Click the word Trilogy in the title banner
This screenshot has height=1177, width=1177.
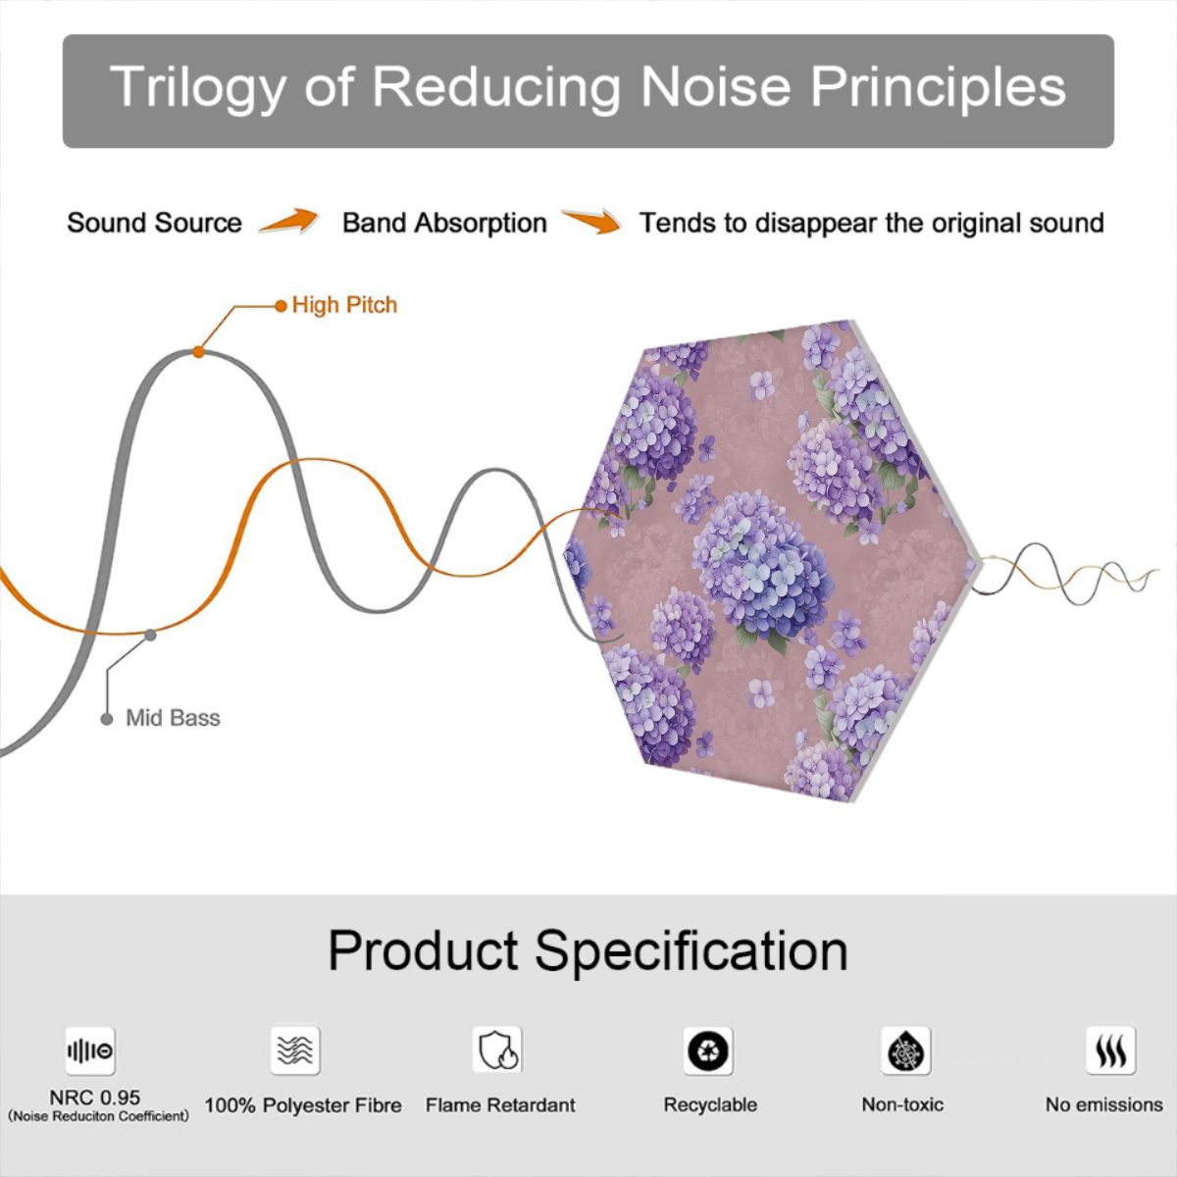coord(198,87)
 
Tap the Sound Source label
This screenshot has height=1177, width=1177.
coord(155,223)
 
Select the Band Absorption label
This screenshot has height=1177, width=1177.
coord(444,223)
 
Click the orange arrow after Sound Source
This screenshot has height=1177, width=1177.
coord(289,221)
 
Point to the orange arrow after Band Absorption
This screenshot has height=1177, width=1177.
coord(591,221)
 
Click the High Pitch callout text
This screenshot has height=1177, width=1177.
coord(344,305)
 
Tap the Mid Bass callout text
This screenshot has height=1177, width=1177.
coord(173,718)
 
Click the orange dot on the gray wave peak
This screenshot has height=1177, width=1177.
coord(198,352)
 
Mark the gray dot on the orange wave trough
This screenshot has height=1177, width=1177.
coord(150,636)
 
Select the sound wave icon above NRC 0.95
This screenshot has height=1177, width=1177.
coord(90,1050)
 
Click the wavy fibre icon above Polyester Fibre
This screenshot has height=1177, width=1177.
coord(295,1050)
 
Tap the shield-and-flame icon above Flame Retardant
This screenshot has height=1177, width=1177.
coord(497,1050)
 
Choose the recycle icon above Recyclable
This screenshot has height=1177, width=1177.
coord(708,1050)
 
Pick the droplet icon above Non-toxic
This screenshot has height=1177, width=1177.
coord(906,1050)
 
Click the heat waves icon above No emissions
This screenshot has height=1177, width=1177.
coord(1111,1050)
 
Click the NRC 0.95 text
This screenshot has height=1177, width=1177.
coord(95,1098)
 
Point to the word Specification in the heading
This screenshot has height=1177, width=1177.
coord(691,952)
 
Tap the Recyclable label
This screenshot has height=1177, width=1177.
coord(710,1104)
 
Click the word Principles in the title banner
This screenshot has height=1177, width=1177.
coord(939,87)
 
